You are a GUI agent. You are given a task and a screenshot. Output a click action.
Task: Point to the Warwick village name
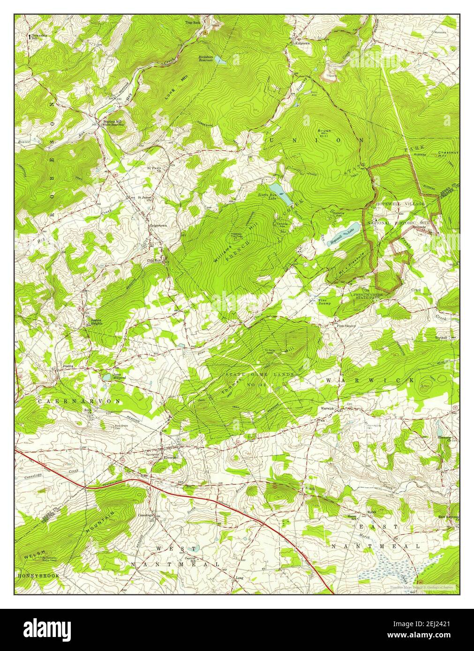[x=327, y=408]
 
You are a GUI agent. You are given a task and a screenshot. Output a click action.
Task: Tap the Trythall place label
[x=441, y=337]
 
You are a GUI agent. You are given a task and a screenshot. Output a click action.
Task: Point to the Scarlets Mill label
[x=114, y=121]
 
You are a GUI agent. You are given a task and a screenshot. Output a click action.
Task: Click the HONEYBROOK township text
[x=38, y=575]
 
